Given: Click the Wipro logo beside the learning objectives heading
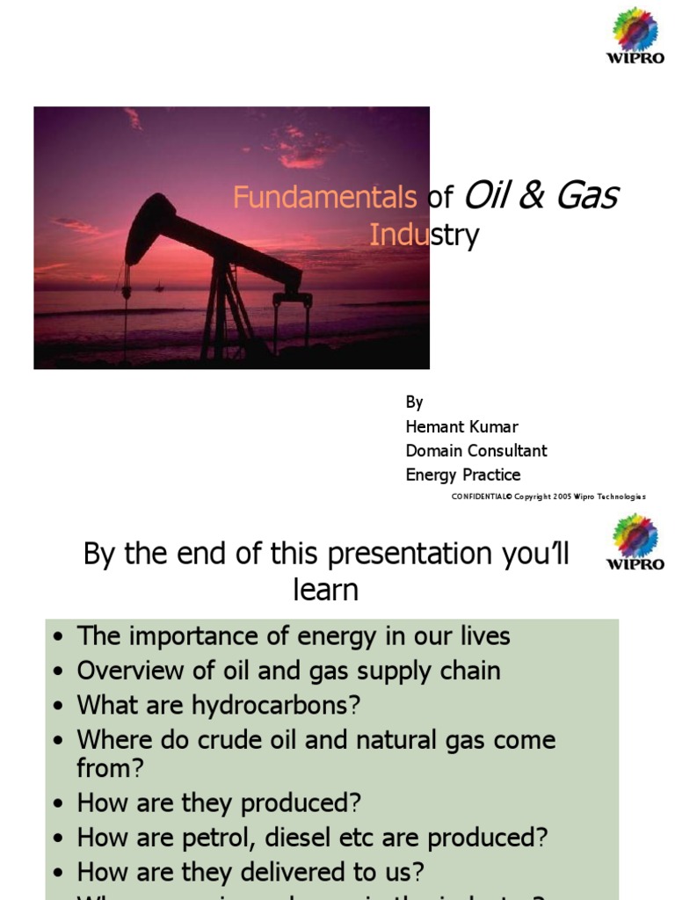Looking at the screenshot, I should click(x=635, y=542).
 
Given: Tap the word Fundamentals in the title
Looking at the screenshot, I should click(x=324, y=198).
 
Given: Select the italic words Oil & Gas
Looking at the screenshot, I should click(x=540, y=195).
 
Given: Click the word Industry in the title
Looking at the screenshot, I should click(x=424, y=236).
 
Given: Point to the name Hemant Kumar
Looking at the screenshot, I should click(x=461, y=427).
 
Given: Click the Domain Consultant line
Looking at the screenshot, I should click(x=475, y=451).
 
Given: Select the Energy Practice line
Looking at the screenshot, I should click(x=462, y=475).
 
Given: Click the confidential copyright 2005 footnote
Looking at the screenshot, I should click(x=548, y=497).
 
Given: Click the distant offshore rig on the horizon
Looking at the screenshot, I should click(x=159, y=287).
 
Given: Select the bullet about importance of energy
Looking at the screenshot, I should click(x=293, y=635).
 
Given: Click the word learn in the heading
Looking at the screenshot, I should click(x=325, y=590).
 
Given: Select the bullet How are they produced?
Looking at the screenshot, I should click(x=219, y=802).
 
